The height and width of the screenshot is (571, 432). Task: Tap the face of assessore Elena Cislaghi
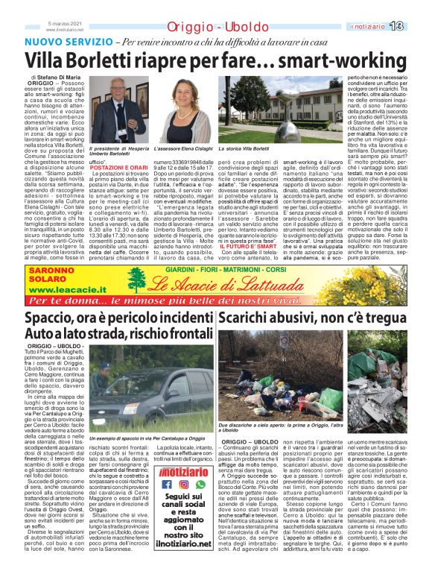tap(183, 92)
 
